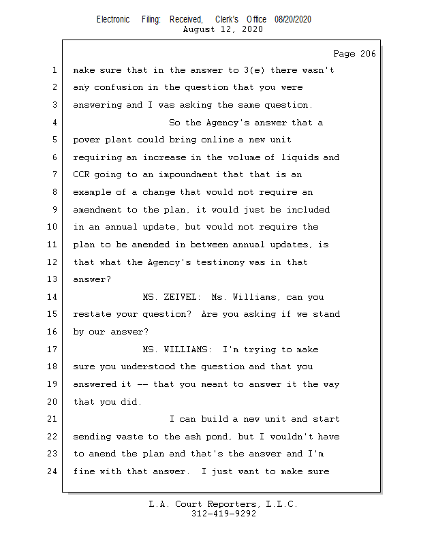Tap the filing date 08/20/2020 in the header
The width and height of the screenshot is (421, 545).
[293, 20]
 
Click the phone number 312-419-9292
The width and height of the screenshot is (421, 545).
[223, 514]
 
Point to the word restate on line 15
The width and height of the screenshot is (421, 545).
[92, 315]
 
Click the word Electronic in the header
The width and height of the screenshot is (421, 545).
[113, 20]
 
